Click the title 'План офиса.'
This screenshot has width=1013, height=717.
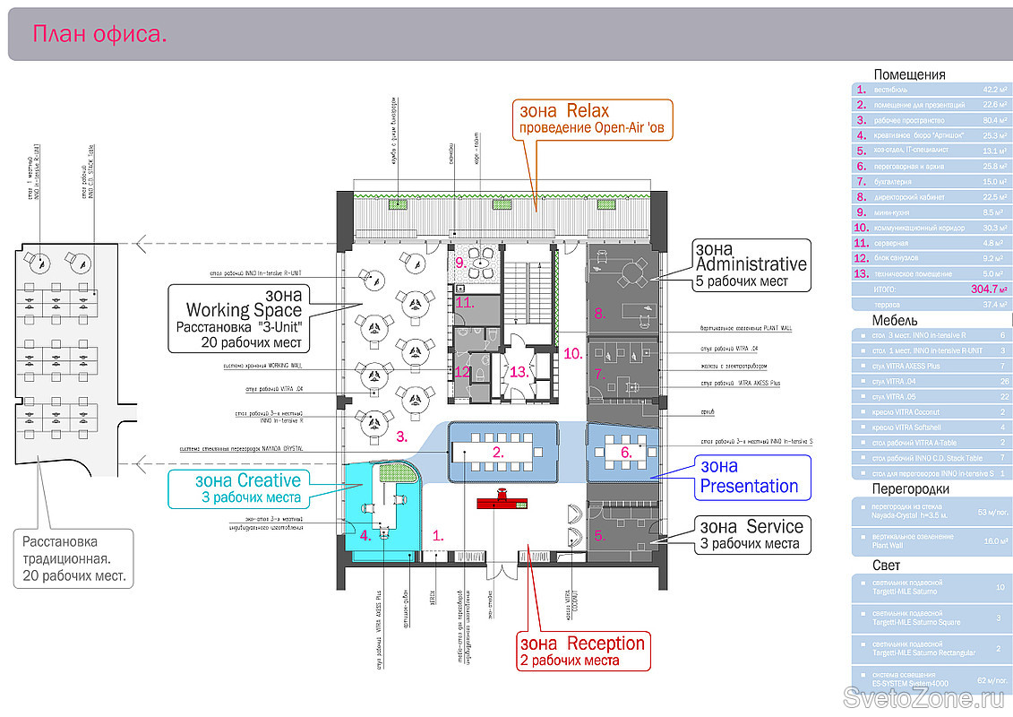100,35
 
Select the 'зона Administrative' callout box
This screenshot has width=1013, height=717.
751,264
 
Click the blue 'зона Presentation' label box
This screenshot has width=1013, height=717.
751,477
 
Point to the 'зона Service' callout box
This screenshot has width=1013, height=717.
751,535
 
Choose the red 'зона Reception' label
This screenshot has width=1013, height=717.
582,652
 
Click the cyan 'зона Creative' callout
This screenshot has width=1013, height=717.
247,488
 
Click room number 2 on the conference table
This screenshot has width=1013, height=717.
497,453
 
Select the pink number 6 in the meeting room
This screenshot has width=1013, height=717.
626,453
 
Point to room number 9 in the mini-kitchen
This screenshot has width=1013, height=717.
459,263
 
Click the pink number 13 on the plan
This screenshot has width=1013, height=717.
517,371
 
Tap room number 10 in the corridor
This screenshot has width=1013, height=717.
573,353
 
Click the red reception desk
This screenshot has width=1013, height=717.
504,503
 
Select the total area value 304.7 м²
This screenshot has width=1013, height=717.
989,289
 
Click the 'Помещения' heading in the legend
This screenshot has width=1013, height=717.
909,75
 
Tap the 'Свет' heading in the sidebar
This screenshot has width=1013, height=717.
887,566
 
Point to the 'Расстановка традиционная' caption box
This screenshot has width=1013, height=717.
73,558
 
